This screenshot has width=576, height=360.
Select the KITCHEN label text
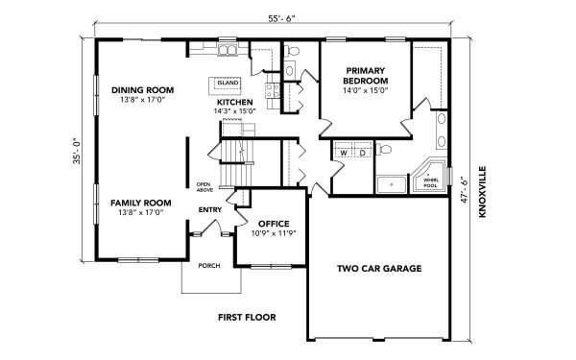(234, 102)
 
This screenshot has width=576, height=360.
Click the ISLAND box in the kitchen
(228, 84)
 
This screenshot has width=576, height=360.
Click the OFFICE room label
(275, 223)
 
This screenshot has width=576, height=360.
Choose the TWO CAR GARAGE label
(379, 269)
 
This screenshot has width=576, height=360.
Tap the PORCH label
(208, 265)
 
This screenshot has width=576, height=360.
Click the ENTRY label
(210, 208)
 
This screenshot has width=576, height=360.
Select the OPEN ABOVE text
(204, 186)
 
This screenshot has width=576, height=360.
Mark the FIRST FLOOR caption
(246, 316)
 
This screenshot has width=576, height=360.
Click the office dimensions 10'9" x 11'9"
(275, 233)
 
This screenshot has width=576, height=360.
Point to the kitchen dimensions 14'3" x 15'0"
(234, 111)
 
